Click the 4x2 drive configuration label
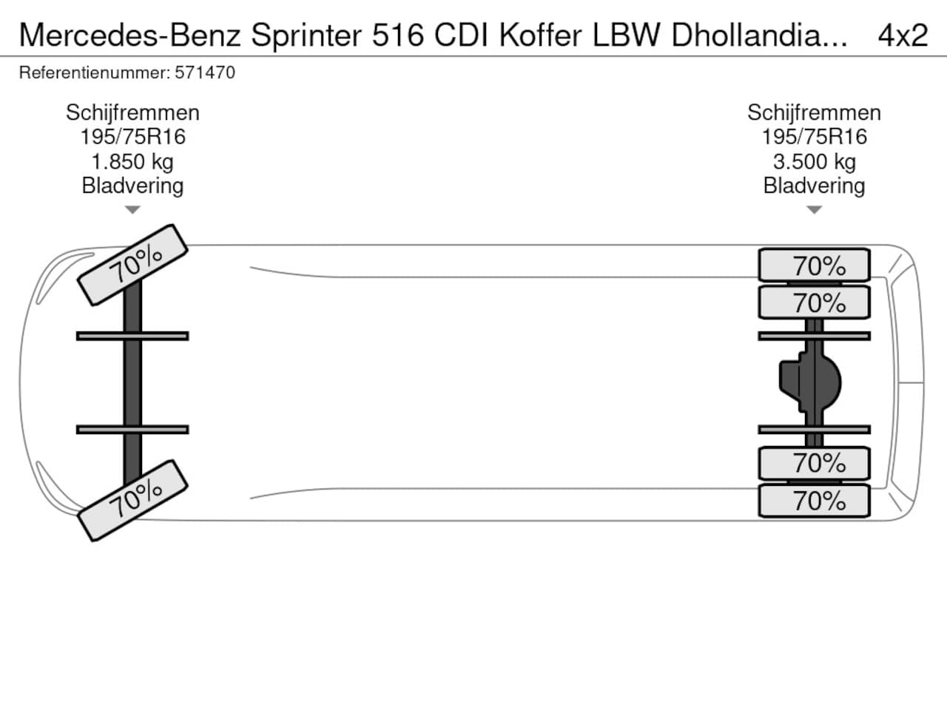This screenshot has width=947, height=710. pos(902,35)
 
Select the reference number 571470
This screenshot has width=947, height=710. pos(205,72)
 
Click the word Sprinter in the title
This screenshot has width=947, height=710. pos(306,35)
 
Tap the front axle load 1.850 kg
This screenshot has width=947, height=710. pos(132,161)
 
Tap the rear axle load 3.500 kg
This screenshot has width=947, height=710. pos(814,161)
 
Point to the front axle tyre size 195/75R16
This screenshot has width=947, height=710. pos(132,137)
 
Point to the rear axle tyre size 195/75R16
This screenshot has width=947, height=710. pos(814,137)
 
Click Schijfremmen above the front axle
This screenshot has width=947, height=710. pos(132,112)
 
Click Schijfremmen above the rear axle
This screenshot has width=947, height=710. pos(814,112)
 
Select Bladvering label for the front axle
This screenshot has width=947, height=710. pos(132,186)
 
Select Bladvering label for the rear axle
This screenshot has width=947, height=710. pos(814,186)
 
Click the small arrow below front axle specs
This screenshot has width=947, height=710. pos(132,210)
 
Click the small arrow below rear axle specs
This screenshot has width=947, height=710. pos(814,210)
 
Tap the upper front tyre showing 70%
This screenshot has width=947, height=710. pos(133,264)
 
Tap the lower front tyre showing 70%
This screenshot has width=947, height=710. pos(133,500)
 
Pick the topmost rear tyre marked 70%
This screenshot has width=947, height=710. pos(814,266)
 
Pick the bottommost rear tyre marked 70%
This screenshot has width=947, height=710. pos(814,501)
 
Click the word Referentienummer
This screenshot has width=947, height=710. pos(95,72)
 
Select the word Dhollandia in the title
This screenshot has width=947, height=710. pos(759,35)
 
